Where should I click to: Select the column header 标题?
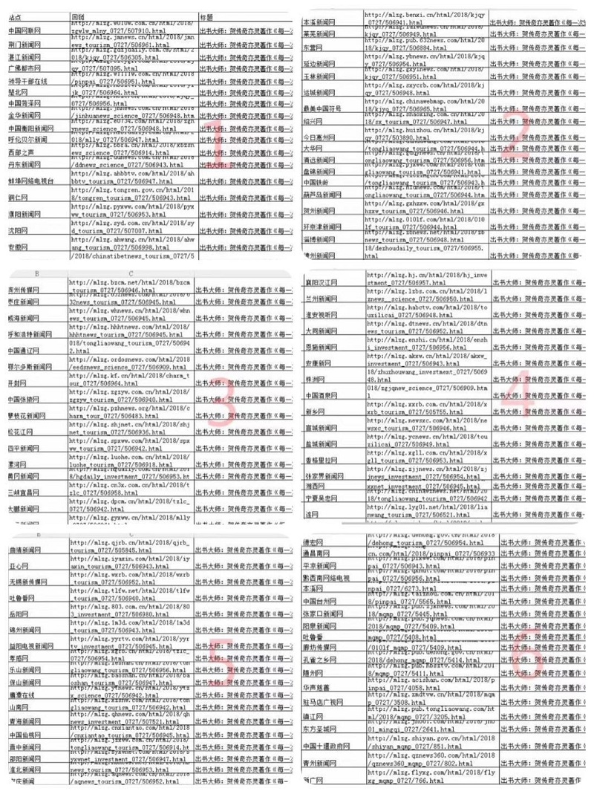click(208, 15)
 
